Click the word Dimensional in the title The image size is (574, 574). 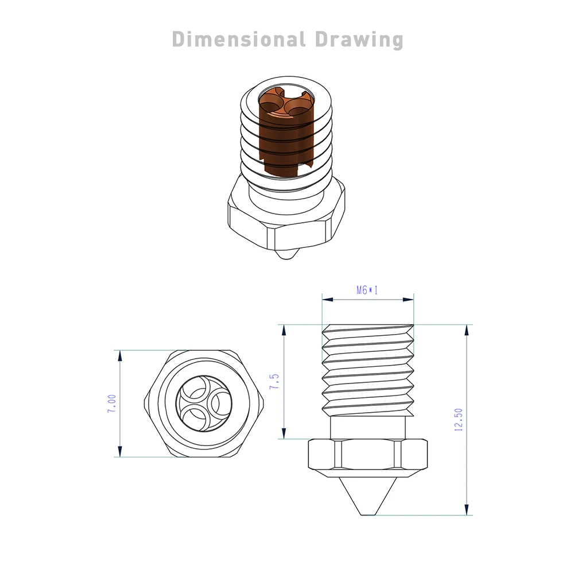(238, 40)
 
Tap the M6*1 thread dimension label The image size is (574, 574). (367, 290)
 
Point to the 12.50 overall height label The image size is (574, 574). (458, 420)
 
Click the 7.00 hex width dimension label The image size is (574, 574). (112, 403)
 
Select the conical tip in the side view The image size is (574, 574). (367, 496)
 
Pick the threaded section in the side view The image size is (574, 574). (367, 370)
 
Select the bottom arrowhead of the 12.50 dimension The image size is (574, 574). (466, 509)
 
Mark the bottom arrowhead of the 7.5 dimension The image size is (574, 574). (282, 433)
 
